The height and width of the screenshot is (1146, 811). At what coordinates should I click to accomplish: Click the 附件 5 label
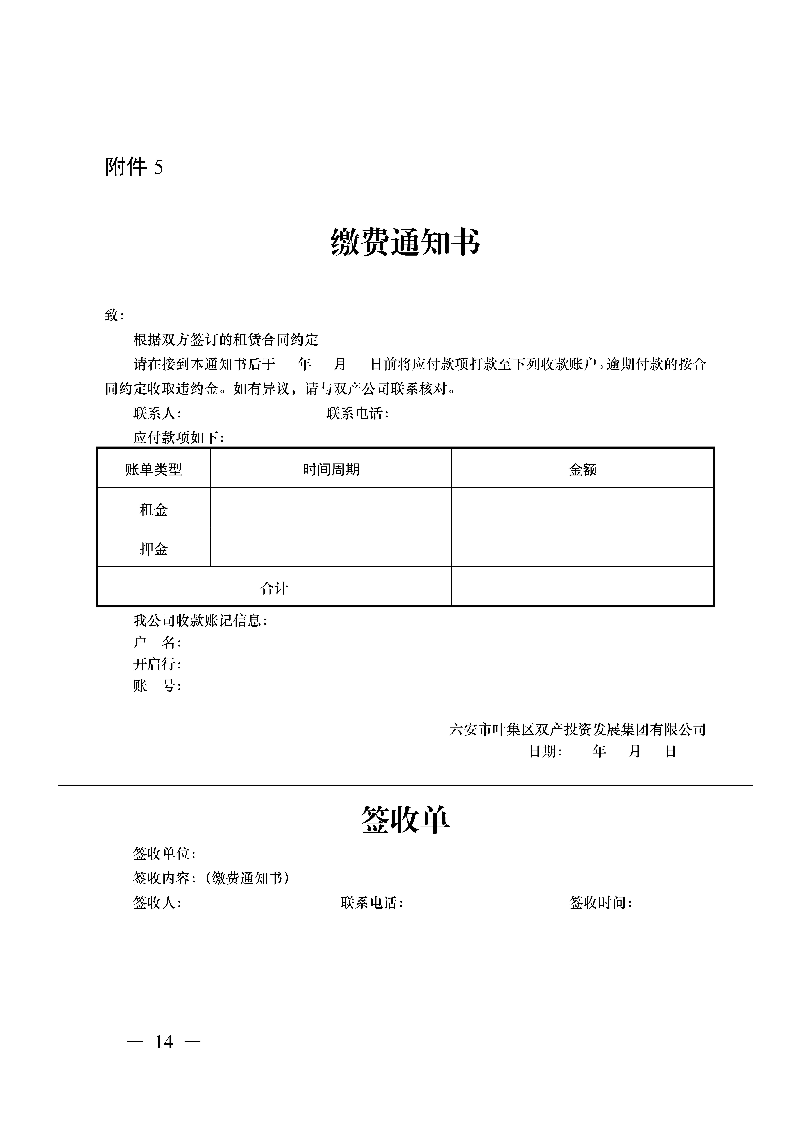[x=134, y=167]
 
